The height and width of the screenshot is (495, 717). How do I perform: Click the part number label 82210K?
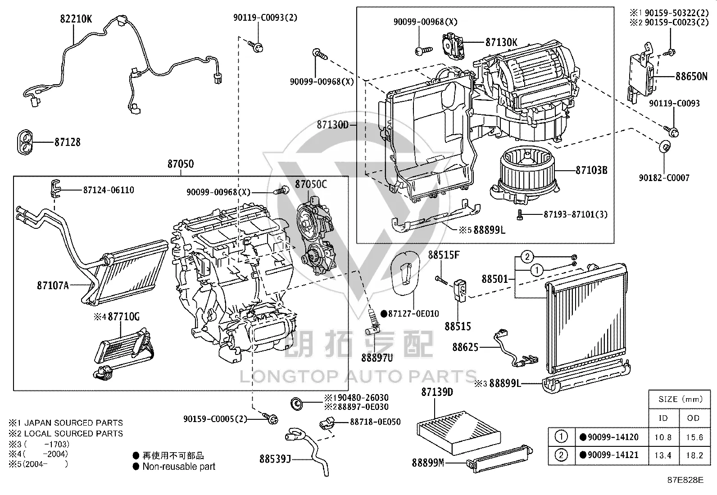[76, 19]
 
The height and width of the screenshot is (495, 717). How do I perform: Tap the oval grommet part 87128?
[25, 142]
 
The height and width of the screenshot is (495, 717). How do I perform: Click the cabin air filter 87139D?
[458, 432]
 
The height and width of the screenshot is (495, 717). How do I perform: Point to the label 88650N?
[691, 77]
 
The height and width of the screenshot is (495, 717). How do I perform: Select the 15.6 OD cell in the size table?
[694, 437]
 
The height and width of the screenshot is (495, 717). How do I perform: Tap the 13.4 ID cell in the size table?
[663, 455]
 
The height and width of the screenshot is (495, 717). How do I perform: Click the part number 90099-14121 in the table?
[613, 455]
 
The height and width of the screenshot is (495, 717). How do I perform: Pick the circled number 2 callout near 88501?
[527, 256]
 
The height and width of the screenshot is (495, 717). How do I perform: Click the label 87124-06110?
[109, 190]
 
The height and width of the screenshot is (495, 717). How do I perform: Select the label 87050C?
[311, 184]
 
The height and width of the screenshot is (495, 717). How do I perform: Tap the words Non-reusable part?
[179, 467]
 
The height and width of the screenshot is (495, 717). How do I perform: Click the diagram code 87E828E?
[685, 480]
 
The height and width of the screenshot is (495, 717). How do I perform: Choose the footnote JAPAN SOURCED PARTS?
[73, 423]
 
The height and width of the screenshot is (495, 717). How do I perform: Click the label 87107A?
[53, 285]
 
